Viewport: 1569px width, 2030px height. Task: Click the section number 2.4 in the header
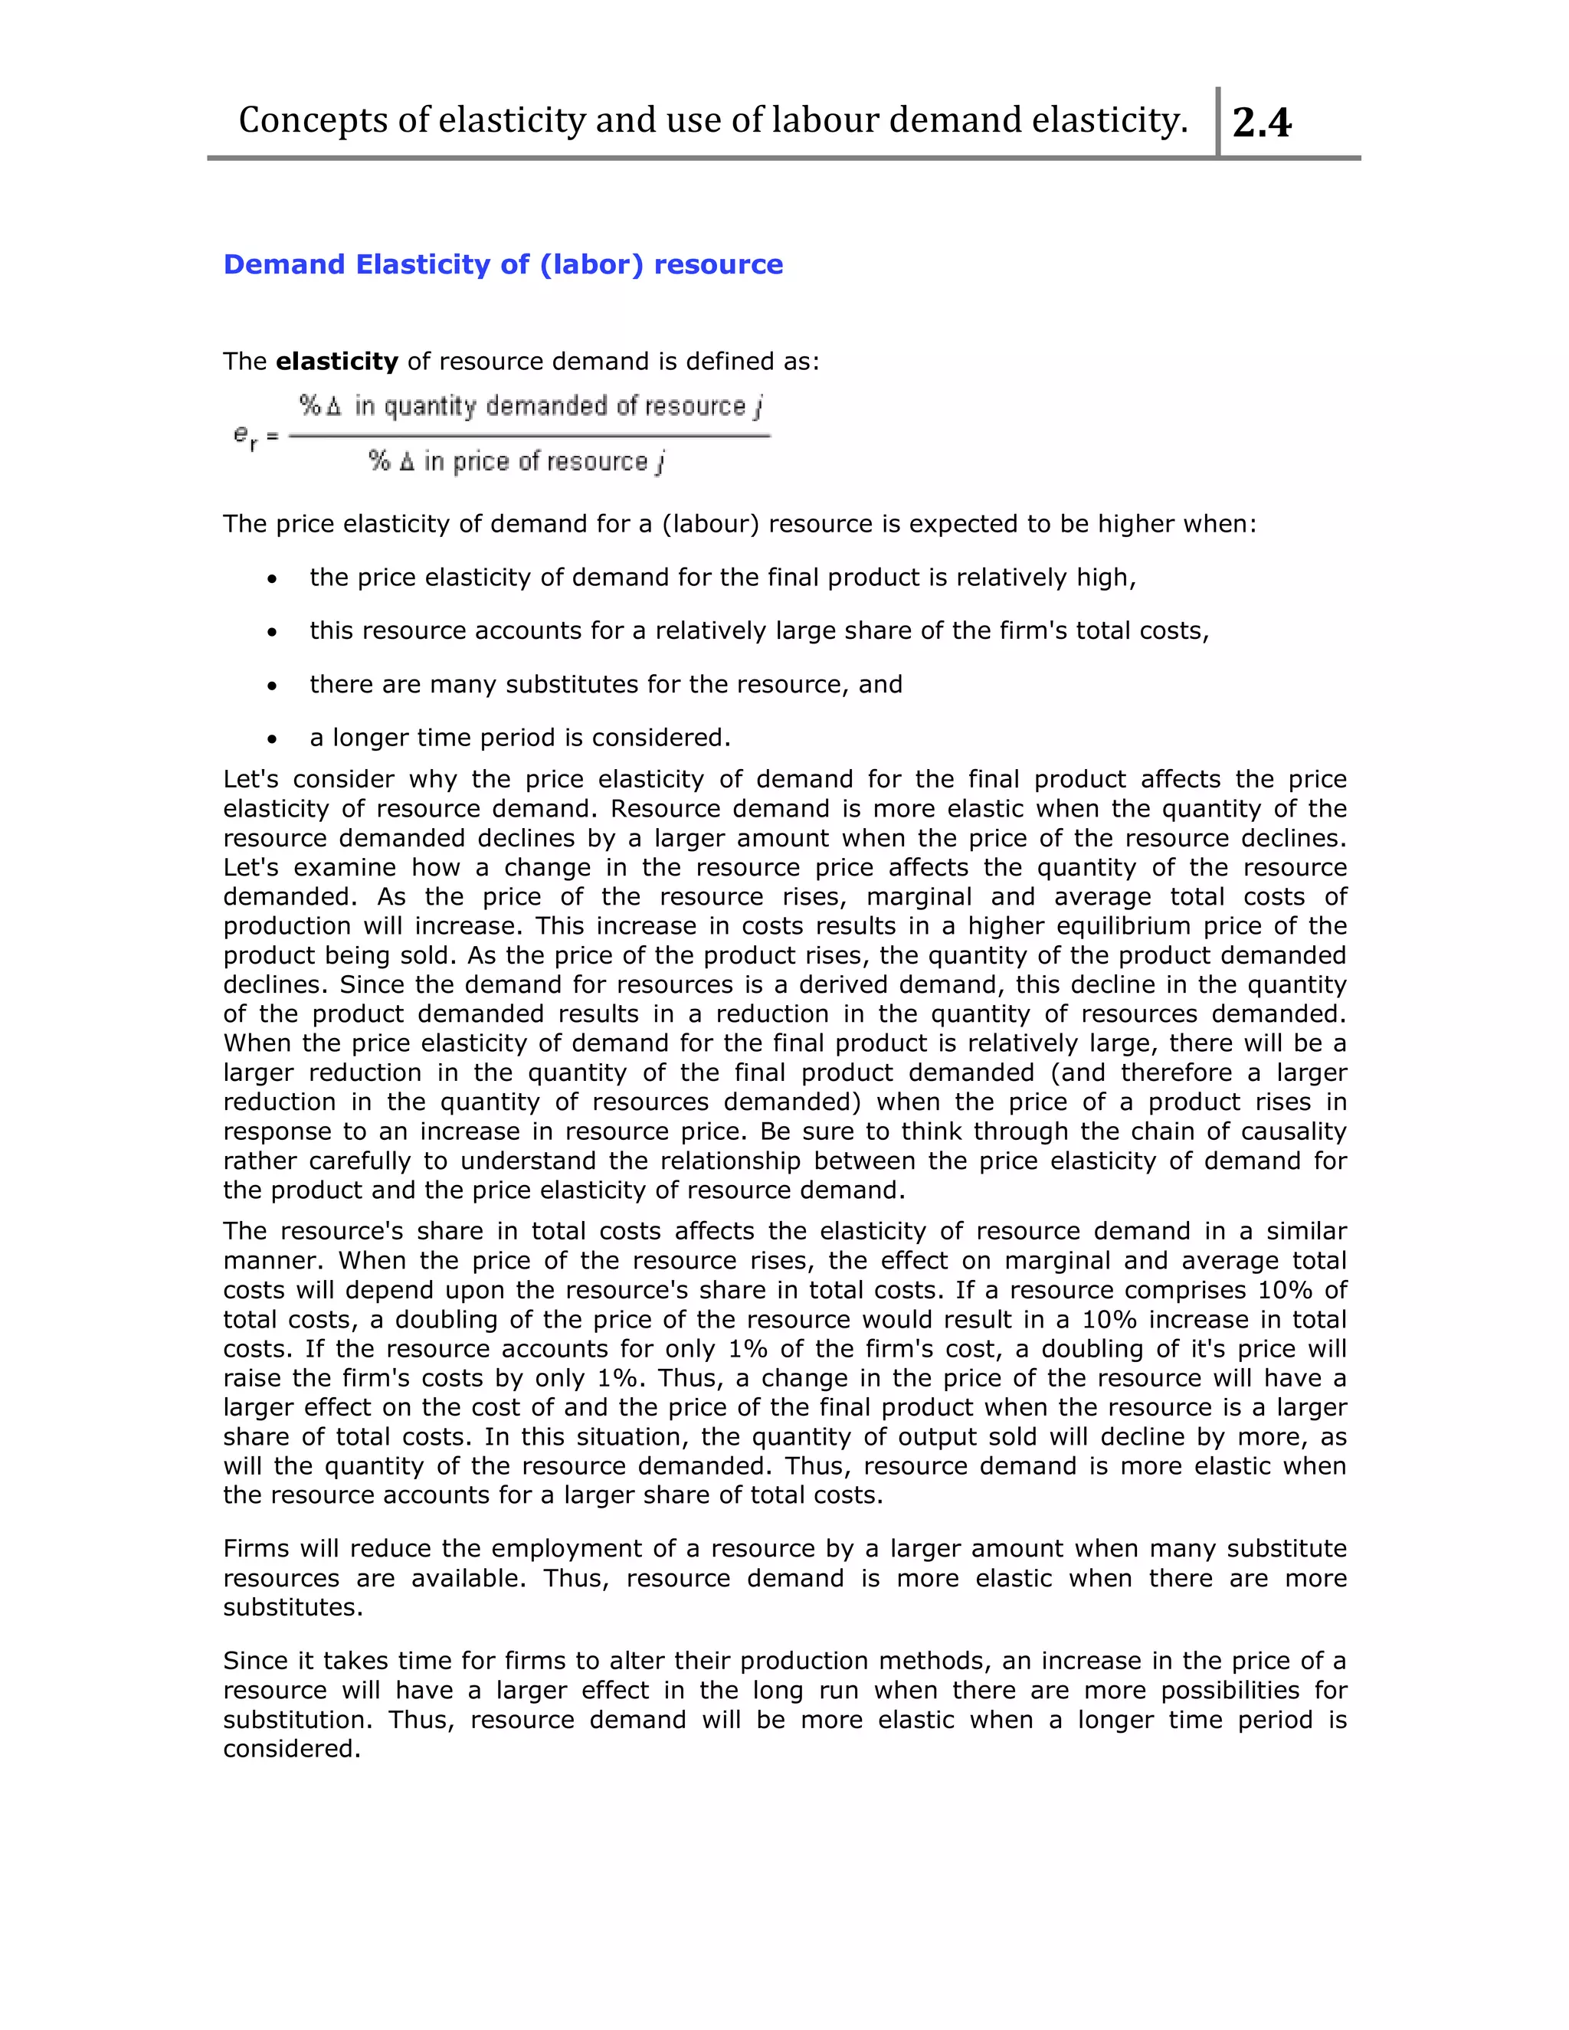(1261, 123)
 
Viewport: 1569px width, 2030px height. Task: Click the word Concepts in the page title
(313, 121)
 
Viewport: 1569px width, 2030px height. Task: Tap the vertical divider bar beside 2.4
(1217, 121)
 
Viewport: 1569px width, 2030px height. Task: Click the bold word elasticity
(336, 362)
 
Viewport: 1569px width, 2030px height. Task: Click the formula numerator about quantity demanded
(531, 406)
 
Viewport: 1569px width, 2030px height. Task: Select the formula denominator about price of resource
(517, 462)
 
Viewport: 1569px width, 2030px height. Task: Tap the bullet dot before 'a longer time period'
(271, 740)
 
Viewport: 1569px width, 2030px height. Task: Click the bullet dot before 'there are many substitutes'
(271, 686)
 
